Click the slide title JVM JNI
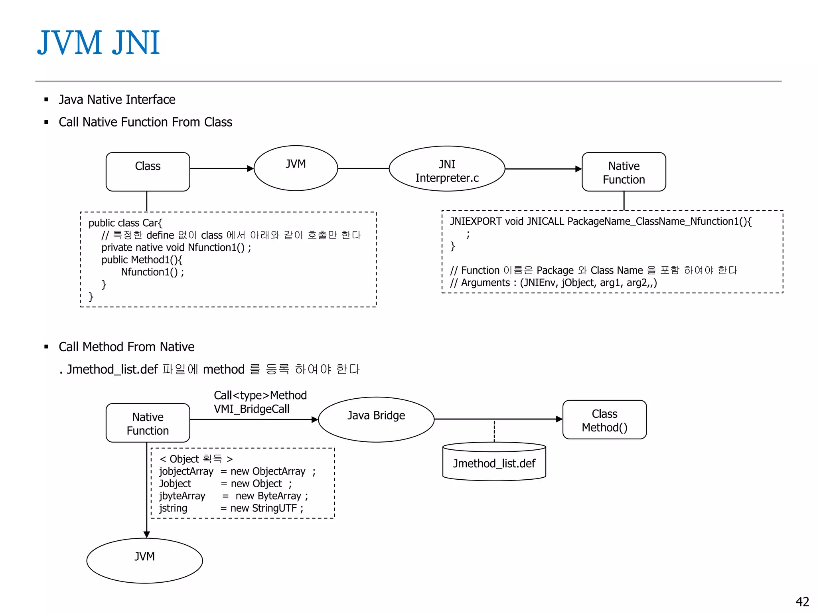(x=99, y=43)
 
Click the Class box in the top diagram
(x=148, y=172)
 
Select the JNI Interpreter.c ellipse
(x=447, y=169)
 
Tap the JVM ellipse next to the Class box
(x=296, y=168)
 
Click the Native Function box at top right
(x=624, y=172)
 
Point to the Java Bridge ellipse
(x=376, y=419)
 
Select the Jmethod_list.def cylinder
(x=494, y=463)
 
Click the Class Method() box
(x=604, y=420)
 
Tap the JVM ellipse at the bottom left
(x=144, y=560)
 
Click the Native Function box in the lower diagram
(x=148, y=423)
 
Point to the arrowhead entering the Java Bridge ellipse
(x=315, y=419)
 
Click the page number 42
(x=802, y=601)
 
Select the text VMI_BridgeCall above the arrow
(x=251, y=409)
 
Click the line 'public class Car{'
(x=125, y=223)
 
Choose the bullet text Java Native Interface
(x=117, y=99)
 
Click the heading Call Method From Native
(x=126, y=347)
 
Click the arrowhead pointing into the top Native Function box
(x=578, y=169)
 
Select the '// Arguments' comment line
(x=553, y=283)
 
